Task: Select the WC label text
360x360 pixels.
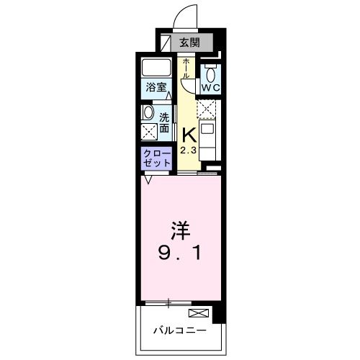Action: (x=210, y=87)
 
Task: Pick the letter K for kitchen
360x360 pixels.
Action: (x=188, y=135)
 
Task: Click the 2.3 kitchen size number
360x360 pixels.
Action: (x=187, y=150)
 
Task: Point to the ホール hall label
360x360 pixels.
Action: (x=186, y=69)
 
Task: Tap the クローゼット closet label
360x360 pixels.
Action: (x=157, y=157)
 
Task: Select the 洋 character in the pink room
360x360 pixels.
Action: (x=180, y=232)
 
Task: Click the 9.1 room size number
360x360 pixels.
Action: (x=180, y=254)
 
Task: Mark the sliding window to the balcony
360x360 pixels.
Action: (x=168, y=302)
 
